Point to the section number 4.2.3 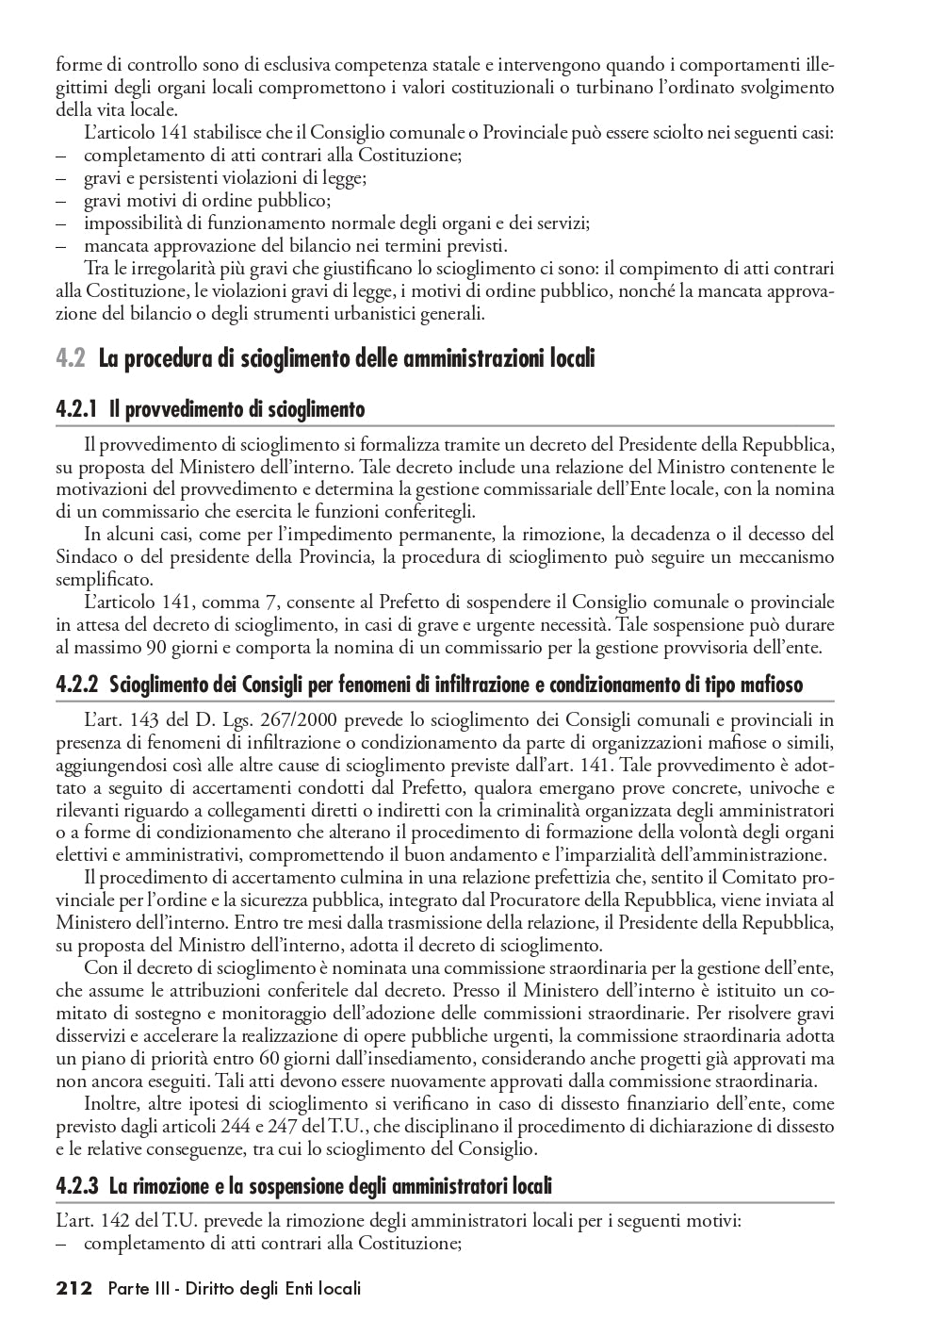pyautogui.click(x=78, y=1186)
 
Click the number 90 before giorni pyautogui.click(x=156, y=648)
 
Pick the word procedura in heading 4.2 pyautogui.click(x=166, y=359)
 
